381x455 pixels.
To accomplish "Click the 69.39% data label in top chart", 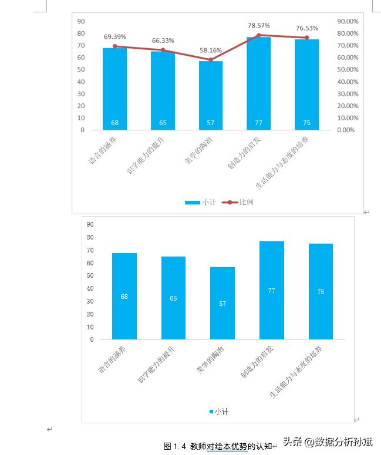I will pyautogui.click(x=114, y=36).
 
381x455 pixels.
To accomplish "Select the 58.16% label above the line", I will pyautogui.click(x=211, y=50).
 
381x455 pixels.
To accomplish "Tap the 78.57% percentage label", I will pyautogui.click(x=259, y=25).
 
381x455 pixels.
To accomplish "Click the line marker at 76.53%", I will pyautogui.click(x=306, y=38).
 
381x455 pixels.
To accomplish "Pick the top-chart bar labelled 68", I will pyautogui.click(x=114, y=88).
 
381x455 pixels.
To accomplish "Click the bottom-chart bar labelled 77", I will pyautogui.click(x=271, y=290).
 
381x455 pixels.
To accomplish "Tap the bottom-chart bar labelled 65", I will pyautogui.click(x=173, y=298).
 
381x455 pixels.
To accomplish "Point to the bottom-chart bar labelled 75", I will pyautogui.click(x=321, y=291).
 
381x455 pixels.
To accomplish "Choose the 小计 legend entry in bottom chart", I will pyautogui.click(x=218, y=412).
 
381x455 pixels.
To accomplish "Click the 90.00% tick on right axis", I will pyautogui.click(x=348, y=21).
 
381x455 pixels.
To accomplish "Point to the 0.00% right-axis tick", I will pyautogui.click(x=346, y=130).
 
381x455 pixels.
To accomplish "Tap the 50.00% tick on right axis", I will pyautogui.click(x=348, y=69).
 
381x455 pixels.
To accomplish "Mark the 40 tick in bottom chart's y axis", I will pyautogui.click(x=90, y=288).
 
